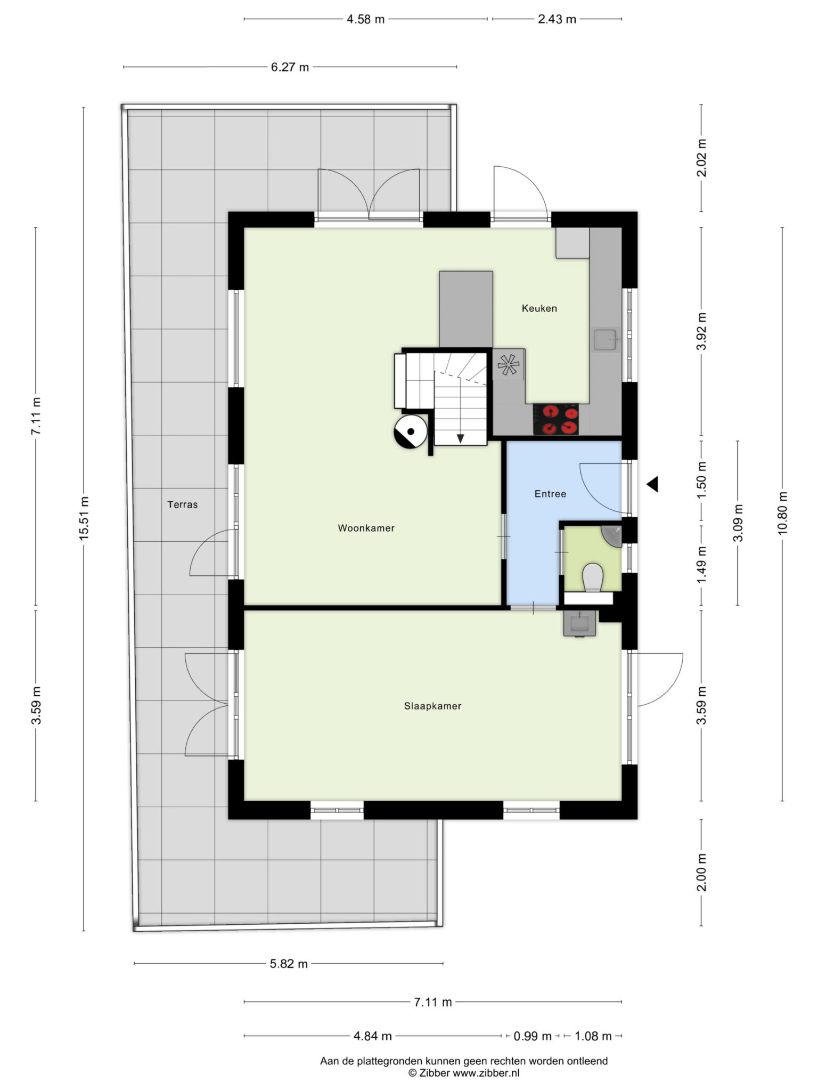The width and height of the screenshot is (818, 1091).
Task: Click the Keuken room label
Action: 539,308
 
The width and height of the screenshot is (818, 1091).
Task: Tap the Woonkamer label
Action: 366,528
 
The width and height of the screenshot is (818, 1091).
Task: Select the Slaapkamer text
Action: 432,706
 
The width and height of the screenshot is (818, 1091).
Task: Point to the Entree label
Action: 550,494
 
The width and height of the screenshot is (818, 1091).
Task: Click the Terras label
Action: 183,504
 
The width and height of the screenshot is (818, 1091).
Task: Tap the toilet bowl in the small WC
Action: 592,577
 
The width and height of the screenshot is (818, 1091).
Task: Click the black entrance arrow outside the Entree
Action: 652,484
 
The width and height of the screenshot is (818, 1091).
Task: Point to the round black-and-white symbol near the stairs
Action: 410,431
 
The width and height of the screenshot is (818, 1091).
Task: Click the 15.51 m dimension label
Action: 84,518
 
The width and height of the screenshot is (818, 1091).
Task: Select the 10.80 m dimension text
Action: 782,512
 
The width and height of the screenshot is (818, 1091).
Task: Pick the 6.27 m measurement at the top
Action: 290,67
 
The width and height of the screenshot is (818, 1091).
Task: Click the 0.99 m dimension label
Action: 533,1036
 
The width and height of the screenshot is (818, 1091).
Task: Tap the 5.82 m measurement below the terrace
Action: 289,964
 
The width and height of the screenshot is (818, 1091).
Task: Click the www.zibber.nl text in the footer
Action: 486,1073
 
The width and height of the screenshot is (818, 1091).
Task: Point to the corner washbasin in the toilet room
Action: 612,536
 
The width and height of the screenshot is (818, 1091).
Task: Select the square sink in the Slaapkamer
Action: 580,623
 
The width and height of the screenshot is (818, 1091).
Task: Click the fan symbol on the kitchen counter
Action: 508,365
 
